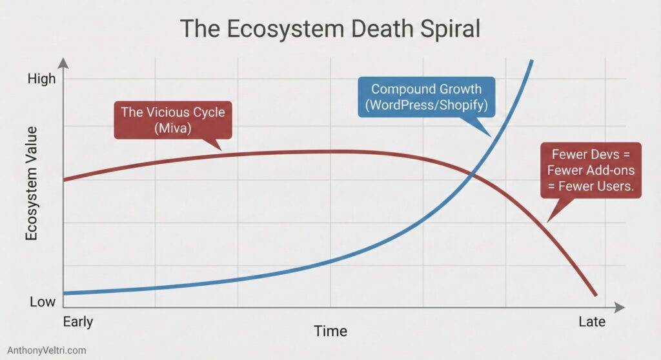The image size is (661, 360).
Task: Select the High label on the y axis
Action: click(40, 79)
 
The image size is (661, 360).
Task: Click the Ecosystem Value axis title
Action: click(32, 183)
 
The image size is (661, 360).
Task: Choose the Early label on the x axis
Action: click(78, 321)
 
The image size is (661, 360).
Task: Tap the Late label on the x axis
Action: click(591, 321)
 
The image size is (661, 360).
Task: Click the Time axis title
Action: click(330, 331)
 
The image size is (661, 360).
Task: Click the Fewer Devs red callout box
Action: click(590, 170)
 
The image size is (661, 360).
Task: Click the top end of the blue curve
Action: click(533, 61)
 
